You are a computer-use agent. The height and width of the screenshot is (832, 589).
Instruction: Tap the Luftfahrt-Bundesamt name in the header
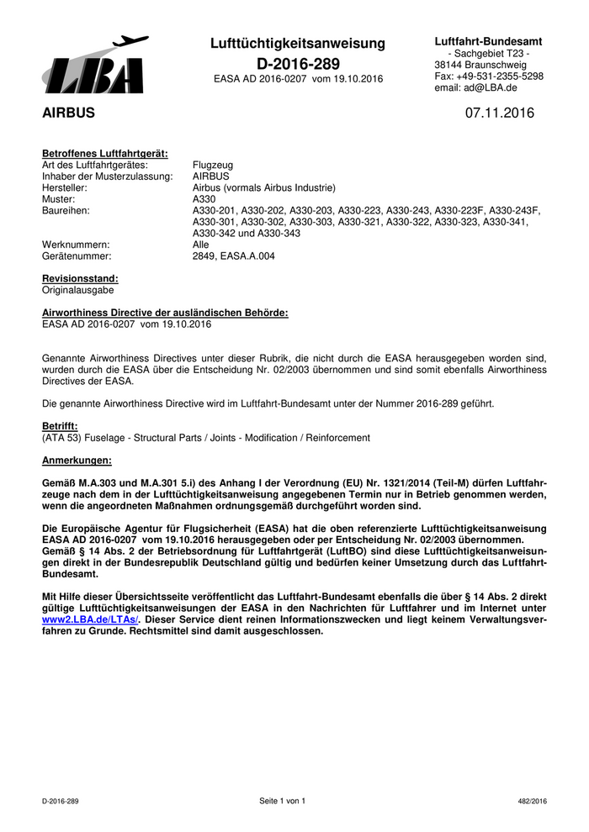488,41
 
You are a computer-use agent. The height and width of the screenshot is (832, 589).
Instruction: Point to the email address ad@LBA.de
476,87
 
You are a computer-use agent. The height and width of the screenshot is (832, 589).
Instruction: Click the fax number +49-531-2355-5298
488,76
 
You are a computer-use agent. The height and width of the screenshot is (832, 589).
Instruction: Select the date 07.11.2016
499,113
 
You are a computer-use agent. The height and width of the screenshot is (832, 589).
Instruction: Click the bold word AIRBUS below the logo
68,113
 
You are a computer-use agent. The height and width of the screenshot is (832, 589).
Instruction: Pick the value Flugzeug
214,166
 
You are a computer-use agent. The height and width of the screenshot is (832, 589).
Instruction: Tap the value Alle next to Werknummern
201,245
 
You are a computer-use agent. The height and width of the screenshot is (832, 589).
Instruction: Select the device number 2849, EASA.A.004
233,255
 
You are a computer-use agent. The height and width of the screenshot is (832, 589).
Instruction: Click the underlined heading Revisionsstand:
80,278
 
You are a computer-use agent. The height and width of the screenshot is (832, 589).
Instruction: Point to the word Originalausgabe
77,289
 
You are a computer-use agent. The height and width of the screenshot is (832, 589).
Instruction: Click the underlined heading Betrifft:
60,426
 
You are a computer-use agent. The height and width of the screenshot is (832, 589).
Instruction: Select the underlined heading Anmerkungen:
77,461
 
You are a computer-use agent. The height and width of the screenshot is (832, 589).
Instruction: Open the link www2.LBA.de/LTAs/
89,619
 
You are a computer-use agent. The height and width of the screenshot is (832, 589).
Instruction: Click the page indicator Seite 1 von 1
282,801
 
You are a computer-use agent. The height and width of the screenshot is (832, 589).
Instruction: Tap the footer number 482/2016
533,802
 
